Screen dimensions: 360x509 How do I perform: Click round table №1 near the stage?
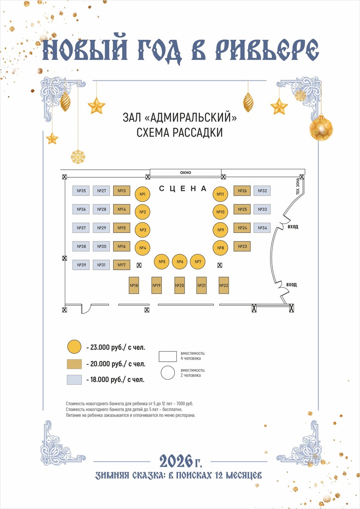pyautogui.click(x=142, y=194)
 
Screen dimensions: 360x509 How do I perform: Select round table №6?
pyautogui.click(x=180, y=262)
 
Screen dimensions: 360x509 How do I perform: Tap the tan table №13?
pyautogui.click(x=121, y=191)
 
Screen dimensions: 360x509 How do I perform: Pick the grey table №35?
pyautogui.click(x=81, y=191)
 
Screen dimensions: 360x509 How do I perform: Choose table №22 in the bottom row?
pyautogui.click(x=224, y=285)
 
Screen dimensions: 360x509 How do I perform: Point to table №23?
pyautogui.click(x=243, y=246)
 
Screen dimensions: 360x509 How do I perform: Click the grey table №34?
pyautogui.click(x=262, y=228)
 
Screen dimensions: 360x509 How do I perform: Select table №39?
pyautogui.click(x=81, y=265)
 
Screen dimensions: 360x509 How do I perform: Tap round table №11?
pyautogui.click(x=220, y=194)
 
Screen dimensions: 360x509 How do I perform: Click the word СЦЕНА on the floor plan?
pyautogui.click(x=183, y=188)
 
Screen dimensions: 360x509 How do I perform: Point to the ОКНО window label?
pyautogui.click(x=186, y=173)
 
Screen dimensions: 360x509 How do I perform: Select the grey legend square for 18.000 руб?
pyautogui.click(x=74, y=379)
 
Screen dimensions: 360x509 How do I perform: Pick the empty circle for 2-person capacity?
pyautogui.click(x=168, y=373)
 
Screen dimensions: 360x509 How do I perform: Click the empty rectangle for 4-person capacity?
pyautogui.click(x=167, y=355)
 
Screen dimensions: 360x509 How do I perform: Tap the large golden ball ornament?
pyautogui.click(x=321, y=128)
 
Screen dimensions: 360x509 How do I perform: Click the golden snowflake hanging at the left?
pyautogui.click(x=78, y=157)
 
